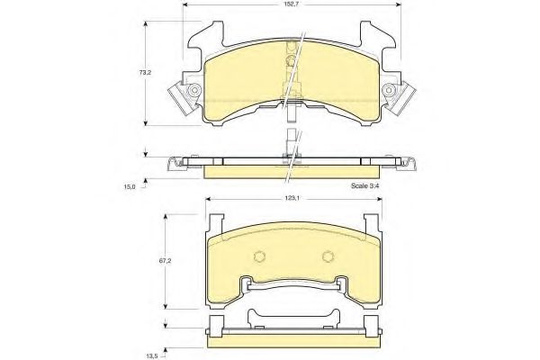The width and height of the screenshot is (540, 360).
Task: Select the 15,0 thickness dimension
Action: click(130, 186)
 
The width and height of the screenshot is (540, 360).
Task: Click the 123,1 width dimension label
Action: click(292, 199)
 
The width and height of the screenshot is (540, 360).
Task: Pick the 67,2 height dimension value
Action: click(166, 261)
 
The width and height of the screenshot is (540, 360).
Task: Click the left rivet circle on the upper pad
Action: click(194, 90)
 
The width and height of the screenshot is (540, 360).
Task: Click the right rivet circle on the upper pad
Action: click(389, 90)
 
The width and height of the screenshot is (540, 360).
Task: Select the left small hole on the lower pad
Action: click(259, 256)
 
